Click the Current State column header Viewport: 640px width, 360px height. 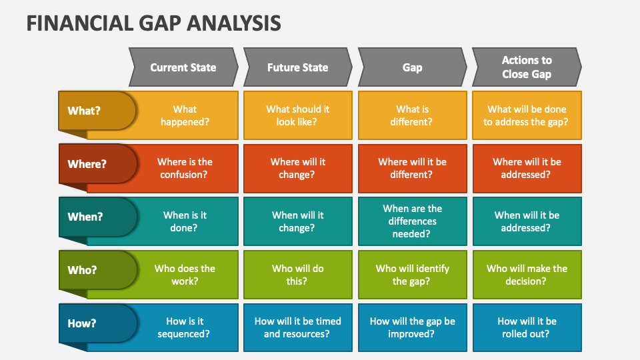[183, 67]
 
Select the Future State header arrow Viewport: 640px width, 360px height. [297, 67]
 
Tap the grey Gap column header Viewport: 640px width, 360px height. [412, 67]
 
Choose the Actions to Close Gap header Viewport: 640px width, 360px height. [527, 67]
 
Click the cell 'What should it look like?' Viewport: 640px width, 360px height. [297, 115]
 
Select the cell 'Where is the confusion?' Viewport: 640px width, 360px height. [184, 168]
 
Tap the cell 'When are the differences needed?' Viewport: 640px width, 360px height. [412, 221]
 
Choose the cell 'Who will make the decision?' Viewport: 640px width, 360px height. [527, 275]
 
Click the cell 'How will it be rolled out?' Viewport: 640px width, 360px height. [527, 327]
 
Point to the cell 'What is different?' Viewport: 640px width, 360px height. [412, 115]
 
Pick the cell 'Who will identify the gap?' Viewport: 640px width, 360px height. [412, 275]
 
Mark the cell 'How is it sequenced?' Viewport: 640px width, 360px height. [184, 327]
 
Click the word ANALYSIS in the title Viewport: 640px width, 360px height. [234, 23]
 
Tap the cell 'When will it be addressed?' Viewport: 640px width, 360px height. [527, 221]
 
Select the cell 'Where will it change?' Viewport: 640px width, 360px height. [297, 168]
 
